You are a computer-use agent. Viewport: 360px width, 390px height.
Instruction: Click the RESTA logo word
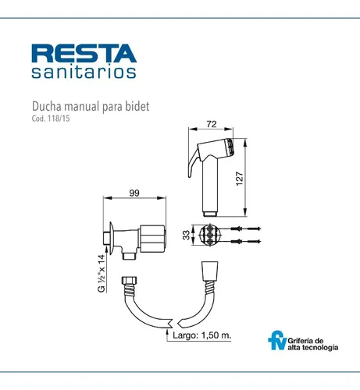[x=84, y=53]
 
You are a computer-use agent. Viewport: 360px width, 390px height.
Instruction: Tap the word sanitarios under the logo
[x=84, y=72]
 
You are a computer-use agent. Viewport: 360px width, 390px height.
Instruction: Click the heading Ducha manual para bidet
[x=91, y=107]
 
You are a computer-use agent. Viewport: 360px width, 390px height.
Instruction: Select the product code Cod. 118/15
[x=51, y=119]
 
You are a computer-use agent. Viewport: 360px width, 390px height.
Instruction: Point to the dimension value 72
[x=212, y=124]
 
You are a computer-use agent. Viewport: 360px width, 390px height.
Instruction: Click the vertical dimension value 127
[x=239, y=179]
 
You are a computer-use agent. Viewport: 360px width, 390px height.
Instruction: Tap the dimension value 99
[x=134, y=193]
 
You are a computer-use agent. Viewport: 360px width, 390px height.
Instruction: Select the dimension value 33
[x=186, y=236]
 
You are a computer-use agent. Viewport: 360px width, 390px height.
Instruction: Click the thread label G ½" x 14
[x=102, y=273]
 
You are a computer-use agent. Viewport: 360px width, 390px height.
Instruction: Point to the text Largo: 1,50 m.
[x=202, y=335]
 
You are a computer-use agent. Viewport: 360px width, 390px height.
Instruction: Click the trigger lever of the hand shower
[x=193, y=164]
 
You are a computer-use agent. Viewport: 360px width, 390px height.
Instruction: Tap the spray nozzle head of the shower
[x=230, y=147]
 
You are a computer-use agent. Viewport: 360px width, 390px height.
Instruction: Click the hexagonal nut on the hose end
[x=129, y=281]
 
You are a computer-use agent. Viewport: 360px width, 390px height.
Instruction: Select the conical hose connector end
[x=209, y=271]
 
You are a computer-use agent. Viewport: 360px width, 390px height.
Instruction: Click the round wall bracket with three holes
[x=210, y=235]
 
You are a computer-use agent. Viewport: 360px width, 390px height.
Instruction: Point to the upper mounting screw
[x=245, y=229]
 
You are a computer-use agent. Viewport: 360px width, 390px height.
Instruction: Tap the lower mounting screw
[x=245, y=241]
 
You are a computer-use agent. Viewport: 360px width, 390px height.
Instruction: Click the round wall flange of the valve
[x=111, y=238]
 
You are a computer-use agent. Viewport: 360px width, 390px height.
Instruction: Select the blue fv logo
[x=277, y=340]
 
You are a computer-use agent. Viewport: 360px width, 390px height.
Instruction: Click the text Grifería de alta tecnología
[x=313, y=344]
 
